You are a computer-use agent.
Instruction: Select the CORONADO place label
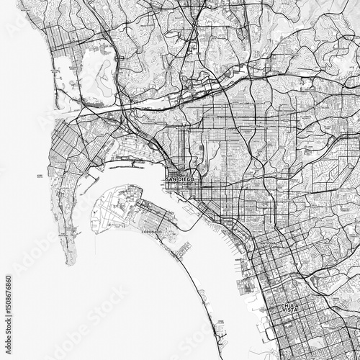pyautogui.click(x=150, y=233)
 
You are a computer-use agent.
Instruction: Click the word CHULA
pyautogui.click(x=288, y=305)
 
